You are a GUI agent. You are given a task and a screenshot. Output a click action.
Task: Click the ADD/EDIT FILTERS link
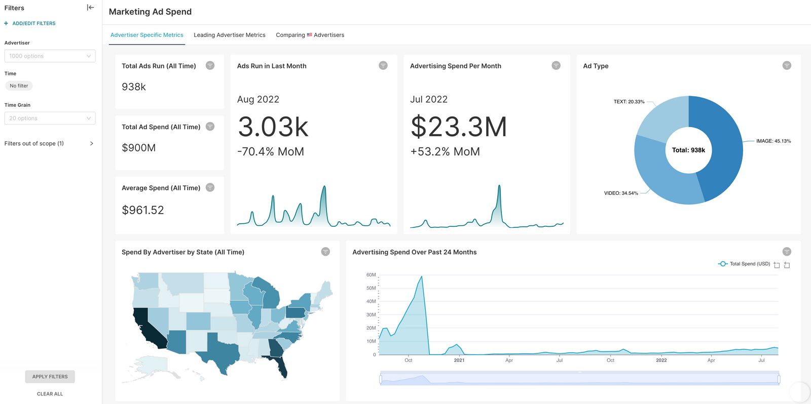coord(33,23)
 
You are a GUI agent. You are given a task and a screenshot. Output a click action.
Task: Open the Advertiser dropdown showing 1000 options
coord(50,56)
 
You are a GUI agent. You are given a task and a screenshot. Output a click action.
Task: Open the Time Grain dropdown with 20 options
coord(50,118)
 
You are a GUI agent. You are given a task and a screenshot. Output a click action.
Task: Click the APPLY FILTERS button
coord(50,377)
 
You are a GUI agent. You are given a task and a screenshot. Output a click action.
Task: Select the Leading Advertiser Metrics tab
coord(229,35)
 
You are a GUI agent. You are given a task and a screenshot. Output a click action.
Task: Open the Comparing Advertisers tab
coord(310,35)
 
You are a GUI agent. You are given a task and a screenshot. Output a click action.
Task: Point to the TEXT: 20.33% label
coord(629,102)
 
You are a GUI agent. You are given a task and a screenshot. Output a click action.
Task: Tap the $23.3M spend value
coord(458,127)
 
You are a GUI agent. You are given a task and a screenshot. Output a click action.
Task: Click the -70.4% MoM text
coord(271,152)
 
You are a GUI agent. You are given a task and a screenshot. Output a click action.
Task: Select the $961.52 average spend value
coord(143,210)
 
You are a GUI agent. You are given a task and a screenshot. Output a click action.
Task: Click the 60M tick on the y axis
coord(371,275)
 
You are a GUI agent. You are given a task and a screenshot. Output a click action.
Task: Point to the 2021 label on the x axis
coord(459,360)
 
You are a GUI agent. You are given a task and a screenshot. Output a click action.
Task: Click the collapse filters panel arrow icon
coord(90,8)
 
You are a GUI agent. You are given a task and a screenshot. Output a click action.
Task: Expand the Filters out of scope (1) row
coord(49,144)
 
